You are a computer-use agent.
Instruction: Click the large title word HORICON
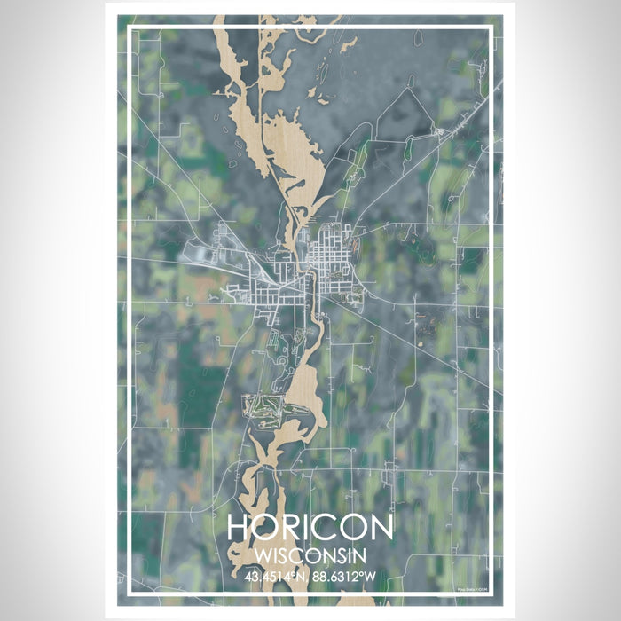click(x=310, y=527)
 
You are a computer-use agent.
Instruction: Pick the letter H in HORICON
click(x=239, y=527)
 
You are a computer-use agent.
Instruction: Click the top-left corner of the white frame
click(x=130, y=28)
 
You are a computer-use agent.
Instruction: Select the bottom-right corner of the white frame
click(x=491, y=592)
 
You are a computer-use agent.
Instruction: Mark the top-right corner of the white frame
click(x=491, y=28)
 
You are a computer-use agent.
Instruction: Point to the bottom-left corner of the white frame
click(x=130, y=592)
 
